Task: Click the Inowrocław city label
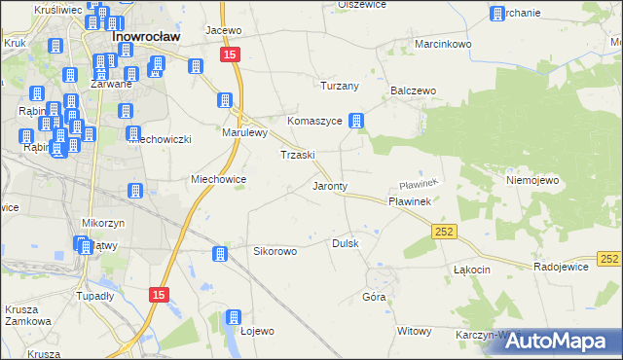pyautogui.click(x=143, y=37)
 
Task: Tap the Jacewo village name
pyautogui.click(x=223, y=30)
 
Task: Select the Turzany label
pyautogui.click(x=340, y=86)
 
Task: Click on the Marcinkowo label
pyautogui.click(x=443, y=45)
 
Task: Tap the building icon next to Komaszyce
pyautogui.click(x=357, y=122)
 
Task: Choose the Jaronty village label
pyautogui.click(x=330, y=185)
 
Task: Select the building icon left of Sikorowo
pyautogui.click(x=220, y=254)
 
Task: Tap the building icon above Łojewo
pyautogui.click(x=233, y=317)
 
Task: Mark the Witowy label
pyautogui.click(x=414, y=331)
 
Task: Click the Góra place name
pyautogui.click(x=374, y=297)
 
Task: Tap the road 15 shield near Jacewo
pyautogui.click(x=230, y=56)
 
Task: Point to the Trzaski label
pyautogui.click(x=297, y=155)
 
